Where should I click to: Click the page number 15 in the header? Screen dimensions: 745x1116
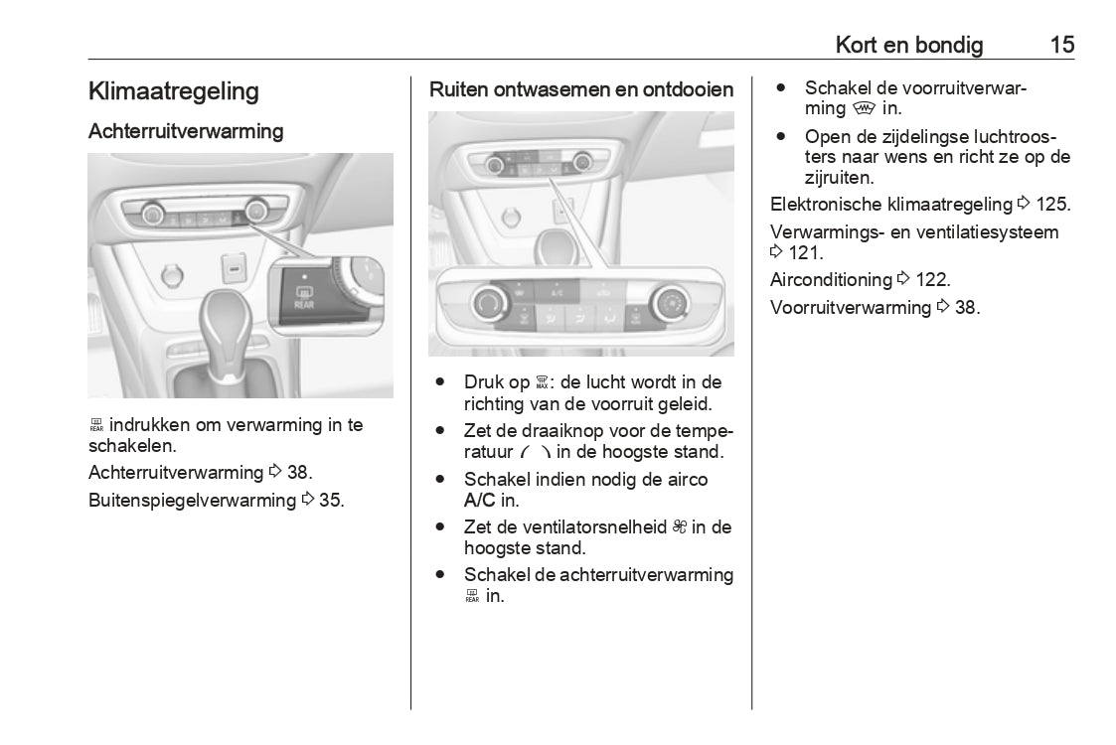(x=1061, y=45)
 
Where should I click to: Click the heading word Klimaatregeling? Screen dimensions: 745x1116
(x=174, y=91)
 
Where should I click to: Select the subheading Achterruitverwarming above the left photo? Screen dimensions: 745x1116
(x=186, y=131)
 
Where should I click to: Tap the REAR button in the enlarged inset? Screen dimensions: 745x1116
(x=303, y=297)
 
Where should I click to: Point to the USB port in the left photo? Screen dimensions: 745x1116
(x=234, y=268)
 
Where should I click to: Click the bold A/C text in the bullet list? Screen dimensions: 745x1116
(x=481, y=501)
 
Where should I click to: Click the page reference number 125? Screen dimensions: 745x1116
(x=1052, y=205)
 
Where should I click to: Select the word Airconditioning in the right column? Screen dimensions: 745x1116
(x=831, y=280)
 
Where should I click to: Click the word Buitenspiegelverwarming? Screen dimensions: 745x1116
(x=192, y=500)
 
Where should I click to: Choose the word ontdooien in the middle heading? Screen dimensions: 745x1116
(x=688, y=89)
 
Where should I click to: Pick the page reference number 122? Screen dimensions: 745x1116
(x=933, y=280)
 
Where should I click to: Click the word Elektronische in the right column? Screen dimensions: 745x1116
(x=826, y=205)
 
